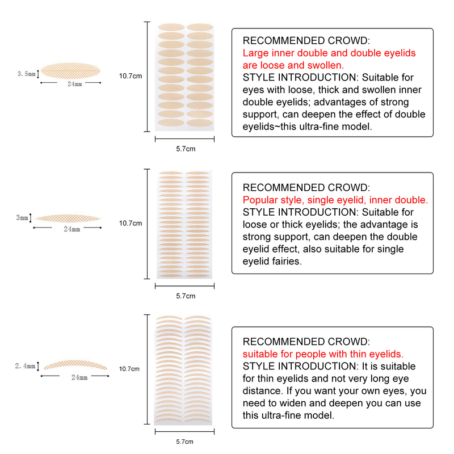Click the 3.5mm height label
tap(26, 74)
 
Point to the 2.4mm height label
tap(26, 366)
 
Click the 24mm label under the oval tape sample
tap(74, 84)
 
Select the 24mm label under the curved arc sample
tap(79, 377)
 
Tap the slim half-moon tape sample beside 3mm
tap(68, 217)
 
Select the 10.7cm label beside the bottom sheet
tap(130, 369)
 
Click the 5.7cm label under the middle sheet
tap(186, 296)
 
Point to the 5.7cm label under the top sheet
tap(186, 149)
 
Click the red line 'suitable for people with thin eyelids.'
tap(323, 354)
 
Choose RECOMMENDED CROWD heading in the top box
tap(306, 41)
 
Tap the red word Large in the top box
tap(255, 53)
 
